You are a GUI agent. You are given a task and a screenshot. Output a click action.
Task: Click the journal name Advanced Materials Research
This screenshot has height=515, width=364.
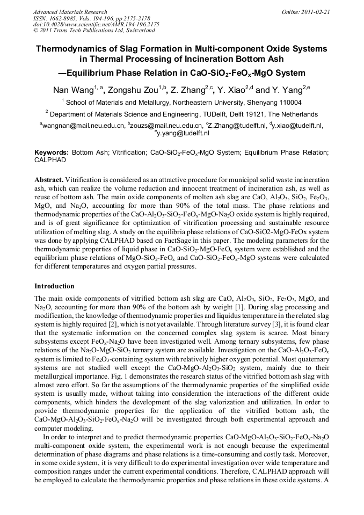[70, 12]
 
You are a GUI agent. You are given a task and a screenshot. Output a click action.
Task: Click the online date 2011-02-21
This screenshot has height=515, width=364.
[315, 12]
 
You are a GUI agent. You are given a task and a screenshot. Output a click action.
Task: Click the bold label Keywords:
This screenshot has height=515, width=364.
[52, 153]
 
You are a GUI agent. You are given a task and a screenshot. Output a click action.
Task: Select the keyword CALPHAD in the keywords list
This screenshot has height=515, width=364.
[50, 160]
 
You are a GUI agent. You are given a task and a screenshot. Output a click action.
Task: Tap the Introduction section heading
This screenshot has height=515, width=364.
[54, 286]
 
